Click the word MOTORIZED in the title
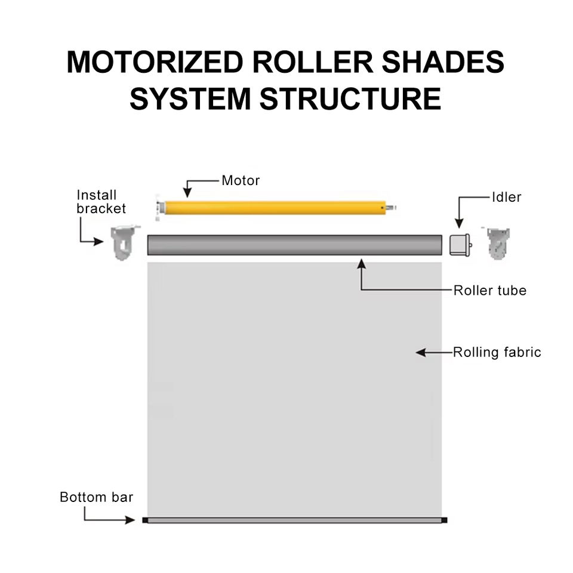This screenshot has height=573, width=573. point(155,61)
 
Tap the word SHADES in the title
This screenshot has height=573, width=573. point(443,61)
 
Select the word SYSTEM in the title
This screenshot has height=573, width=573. point(190,98)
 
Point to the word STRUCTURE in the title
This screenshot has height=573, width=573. point(350,98)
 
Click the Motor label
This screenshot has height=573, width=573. point(241,180)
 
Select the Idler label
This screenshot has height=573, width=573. point(507,198)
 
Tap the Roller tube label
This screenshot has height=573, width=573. point(490,291)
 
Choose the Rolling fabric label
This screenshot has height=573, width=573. point(497,352)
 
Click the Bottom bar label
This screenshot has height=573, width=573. point(97,497)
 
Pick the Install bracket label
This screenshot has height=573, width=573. point(101,202)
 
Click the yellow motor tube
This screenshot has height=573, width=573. point(275,208)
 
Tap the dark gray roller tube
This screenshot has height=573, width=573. point(294,245)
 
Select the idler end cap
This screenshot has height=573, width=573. point(460,245)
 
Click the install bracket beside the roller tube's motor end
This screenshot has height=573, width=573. point(124,242)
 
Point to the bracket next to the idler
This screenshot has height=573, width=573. point(497,243)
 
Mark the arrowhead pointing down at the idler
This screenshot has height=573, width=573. point(460,223)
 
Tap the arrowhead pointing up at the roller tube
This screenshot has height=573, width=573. point(362,264)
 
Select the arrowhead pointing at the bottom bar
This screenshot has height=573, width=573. point(130,520)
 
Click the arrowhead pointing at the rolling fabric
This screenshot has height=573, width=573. point(421,352)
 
